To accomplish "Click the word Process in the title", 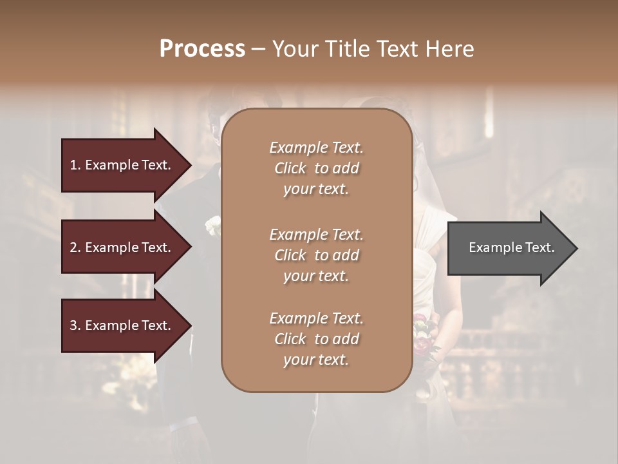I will click(x=202, y=49).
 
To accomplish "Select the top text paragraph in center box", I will click(x=316, y=168).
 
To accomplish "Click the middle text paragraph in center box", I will click(x=316, y=255).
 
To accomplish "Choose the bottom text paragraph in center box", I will click(x=316, y=339).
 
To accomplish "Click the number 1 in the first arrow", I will click(x=73, y=165).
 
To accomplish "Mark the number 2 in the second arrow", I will click(x=73, y=247).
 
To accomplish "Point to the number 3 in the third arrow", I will click(x=73, y=325).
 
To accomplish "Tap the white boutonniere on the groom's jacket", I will click(x=212, y=226).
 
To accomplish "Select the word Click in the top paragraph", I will click(x=290, y=168).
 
